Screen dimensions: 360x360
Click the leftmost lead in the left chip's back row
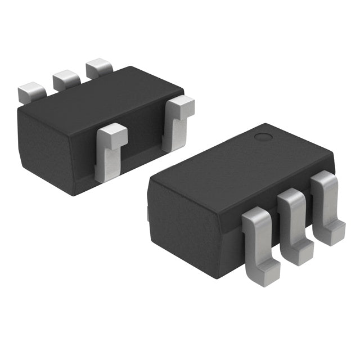(31, 92)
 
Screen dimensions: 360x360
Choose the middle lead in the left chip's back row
(66, 80)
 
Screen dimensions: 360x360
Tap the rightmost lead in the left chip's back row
(98, 67)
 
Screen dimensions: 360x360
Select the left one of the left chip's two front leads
(110, 152)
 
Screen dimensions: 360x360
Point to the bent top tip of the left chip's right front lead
(181, 105)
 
